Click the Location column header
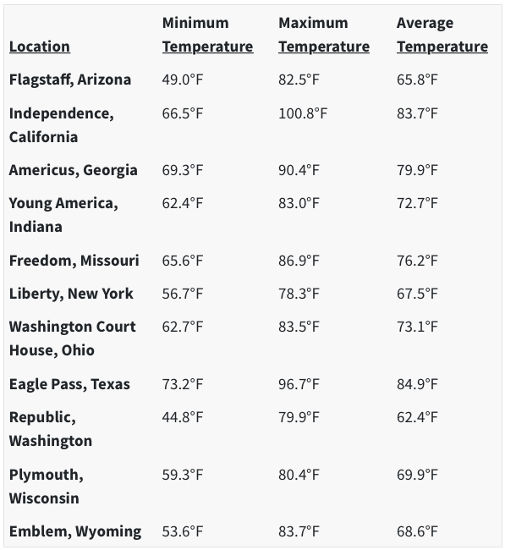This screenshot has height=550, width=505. [x=40, y=47]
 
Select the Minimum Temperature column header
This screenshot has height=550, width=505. [x=207, y=35]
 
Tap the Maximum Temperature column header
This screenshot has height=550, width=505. [x=324, y=35]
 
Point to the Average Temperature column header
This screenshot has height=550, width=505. [x=442, y=35]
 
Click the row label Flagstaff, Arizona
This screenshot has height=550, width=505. [x=70, y=80]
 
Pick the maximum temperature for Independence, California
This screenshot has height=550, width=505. [x=303, y=113]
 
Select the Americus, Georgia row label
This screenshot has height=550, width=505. [x=74, y=170]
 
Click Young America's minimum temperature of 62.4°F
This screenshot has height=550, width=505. [x=183, y=203]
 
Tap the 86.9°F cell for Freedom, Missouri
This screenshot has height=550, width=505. [x=299, y=261]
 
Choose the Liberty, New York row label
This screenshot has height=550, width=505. [x=71, y=294]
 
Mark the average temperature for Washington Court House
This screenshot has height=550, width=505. [x=417, y=327]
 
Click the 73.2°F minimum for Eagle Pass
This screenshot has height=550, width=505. [x=183, y=384]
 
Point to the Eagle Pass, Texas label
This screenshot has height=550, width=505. [x=69, y=384]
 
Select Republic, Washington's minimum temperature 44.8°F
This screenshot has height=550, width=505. [x=183, y=417]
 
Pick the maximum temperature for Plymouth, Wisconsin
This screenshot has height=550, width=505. [x=299, y=475]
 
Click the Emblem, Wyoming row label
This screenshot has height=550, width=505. [x=75, y=531]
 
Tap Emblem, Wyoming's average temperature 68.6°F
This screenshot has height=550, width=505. [x=417, y=531]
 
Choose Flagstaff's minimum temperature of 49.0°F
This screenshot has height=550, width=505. [x=183, y=80]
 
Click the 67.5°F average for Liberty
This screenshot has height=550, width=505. [x=417, y=294]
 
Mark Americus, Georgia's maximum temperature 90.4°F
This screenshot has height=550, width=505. [x=299, y=170]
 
